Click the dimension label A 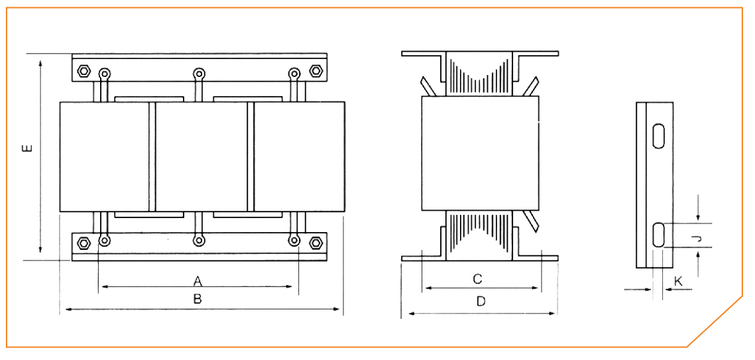197,280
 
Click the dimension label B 197,299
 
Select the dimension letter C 477,279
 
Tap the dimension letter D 481,302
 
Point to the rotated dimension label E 27,147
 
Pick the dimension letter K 677,281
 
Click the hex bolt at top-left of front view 84,71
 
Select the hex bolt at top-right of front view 316,71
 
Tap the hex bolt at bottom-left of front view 84,243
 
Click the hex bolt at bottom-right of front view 316,243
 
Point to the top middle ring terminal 198,73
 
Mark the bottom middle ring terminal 198,241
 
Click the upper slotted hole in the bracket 659,135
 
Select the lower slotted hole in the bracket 659,235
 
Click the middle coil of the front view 201,156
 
